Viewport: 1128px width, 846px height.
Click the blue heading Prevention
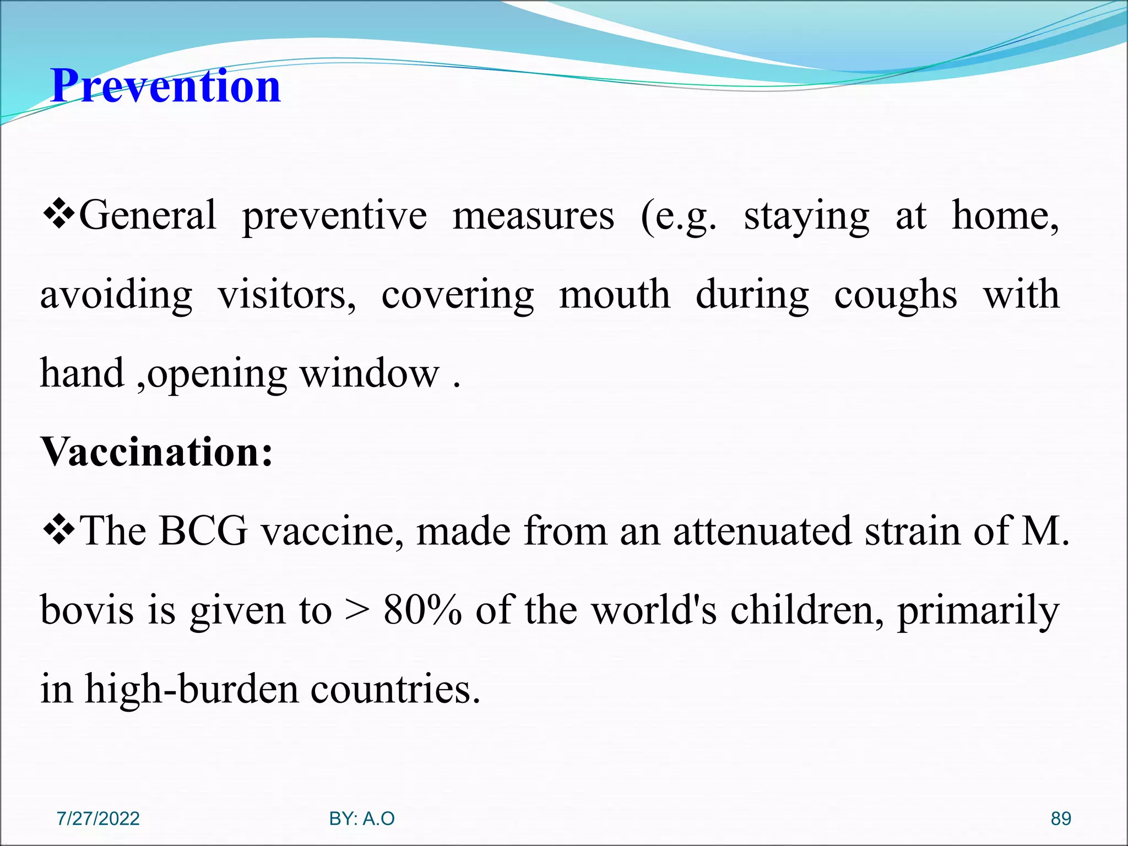pos(165,86)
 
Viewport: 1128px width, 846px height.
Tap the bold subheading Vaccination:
pos(157,452)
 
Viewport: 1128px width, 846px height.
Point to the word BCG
pos(203,531)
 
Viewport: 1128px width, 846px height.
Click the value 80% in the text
pos(422,610)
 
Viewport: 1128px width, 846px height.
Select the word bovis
pos(87,610)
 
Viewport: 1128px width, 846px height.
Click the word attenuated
pos(762,531)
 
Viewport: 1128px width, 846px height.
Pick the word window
pos(370,373)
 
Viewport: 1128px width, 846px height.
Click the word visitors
pos(286,295)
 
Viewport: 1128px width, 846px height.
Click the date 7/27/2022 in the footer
pos(98,818)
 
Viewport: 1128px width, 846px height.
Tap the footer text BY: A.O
pos(362,818)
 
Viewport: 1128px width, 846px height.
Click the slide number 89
pos(1061,818)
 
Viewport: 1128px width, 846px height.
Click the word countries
pos(395,689)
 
